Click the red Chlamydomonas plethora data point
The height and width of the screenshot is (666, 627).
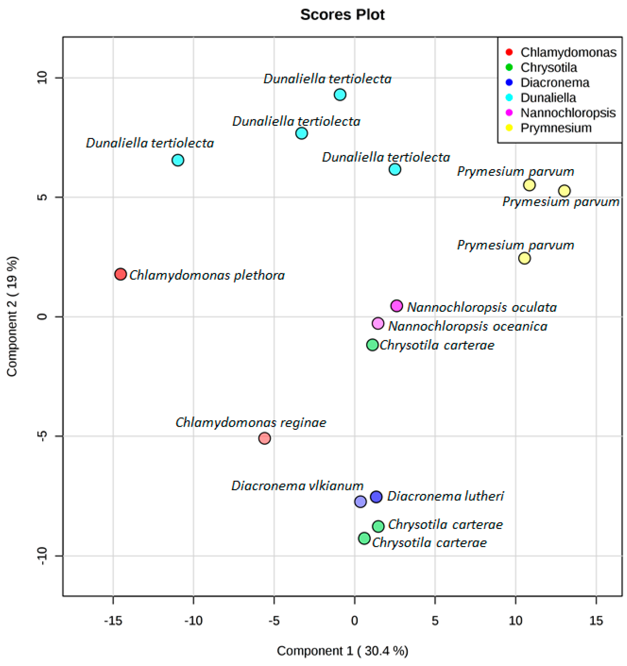click(x=120, y=274)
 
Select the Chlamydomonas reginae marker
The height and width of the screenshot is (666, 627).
click(x=264, y=438)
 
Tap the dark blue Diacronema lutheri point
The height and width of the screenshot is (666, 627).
click(x=376, y=496)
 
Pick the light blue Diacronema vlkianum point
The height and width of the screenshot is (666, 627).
click(x=360, y=501)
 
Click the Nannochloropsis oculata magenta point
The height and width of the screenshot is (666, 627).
click(x=396, y=306)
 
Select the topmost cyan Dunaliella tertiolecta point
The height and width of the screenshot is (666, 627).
click(x=340, y=95)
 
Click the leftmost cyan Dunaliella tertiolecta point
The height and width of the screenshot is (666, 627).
click(x=178, y=160)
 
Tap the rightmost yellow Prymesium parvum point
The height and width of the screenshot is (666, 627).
click(x=564, y=191)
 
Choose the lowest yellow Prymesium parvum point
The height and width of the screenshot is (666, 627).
click(x=524, y=258)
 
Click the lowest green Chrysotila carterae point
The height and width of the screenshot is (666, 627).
click(x=364, y=538)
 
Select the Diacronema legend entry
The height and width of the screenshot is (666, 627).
click(x=555, y=82)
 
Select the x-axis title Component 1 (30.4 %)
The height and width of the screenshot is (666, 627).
click(x=342, y=651)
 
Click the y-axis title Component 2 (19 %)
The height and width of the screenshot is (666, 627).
click(x=12, y=316)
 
